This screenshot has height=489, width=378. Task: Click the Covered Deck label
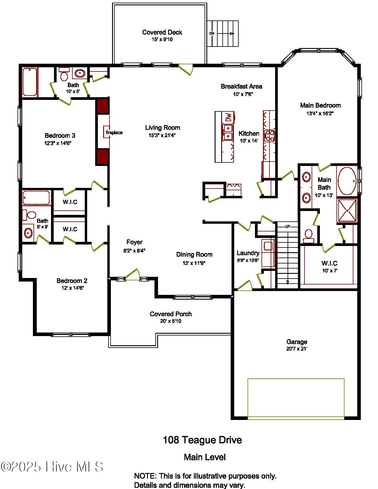pyautogui.click(x=162, y=32)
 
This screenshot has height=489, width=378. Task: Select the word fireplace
pyautogui.click(x=114, y=132)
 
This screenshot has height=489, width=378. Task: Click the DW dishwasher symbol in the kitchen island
pyautogui.click(x=228, y=117)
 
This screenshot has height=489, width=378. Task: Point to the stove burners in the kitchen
pyautogui.click(x=269, y=136)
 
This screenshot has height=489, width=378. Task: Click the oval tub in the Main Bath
pyautogui.click(x=347, y=181)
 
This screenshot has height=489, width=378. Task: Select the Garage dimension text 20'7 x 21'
pyautogui.click(x=296, y=349)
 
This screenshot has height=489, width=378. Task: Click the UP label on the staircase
pyautogui.click(x=287, y=227)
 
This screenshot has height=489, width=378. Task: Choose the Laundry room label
pyautogui.click(x=248, y=253)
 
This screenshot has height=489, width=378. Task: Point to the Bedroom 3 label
pyautogui.click(x=60, y=135)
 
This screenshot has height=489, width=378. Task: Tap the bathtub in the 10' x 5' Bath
pyautogui.click(x=30, y=82)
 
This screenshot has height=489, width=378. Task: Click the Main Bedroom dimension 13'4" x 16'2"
pyautogui.click(x=320, y=113)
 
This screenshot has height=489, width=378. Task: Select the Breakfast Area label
pyautogui.click(x=241, y=86)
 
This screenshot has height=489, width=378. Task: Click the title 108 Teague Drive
pyautogui.click(x=202, y=440)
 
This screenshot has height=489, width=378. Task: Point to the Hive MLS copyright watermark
pyautogui.click(x=52, y=467)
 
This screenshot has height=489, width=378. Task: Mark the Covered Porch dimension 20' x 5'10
pyautogui.click(x=170, y=321)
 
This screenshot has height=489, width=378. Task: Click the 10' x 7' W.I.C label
pyautogui.click(x=329, y=263)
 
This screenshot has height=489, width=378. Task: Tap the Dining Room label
pyautogui.click(x=194, y=254)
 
